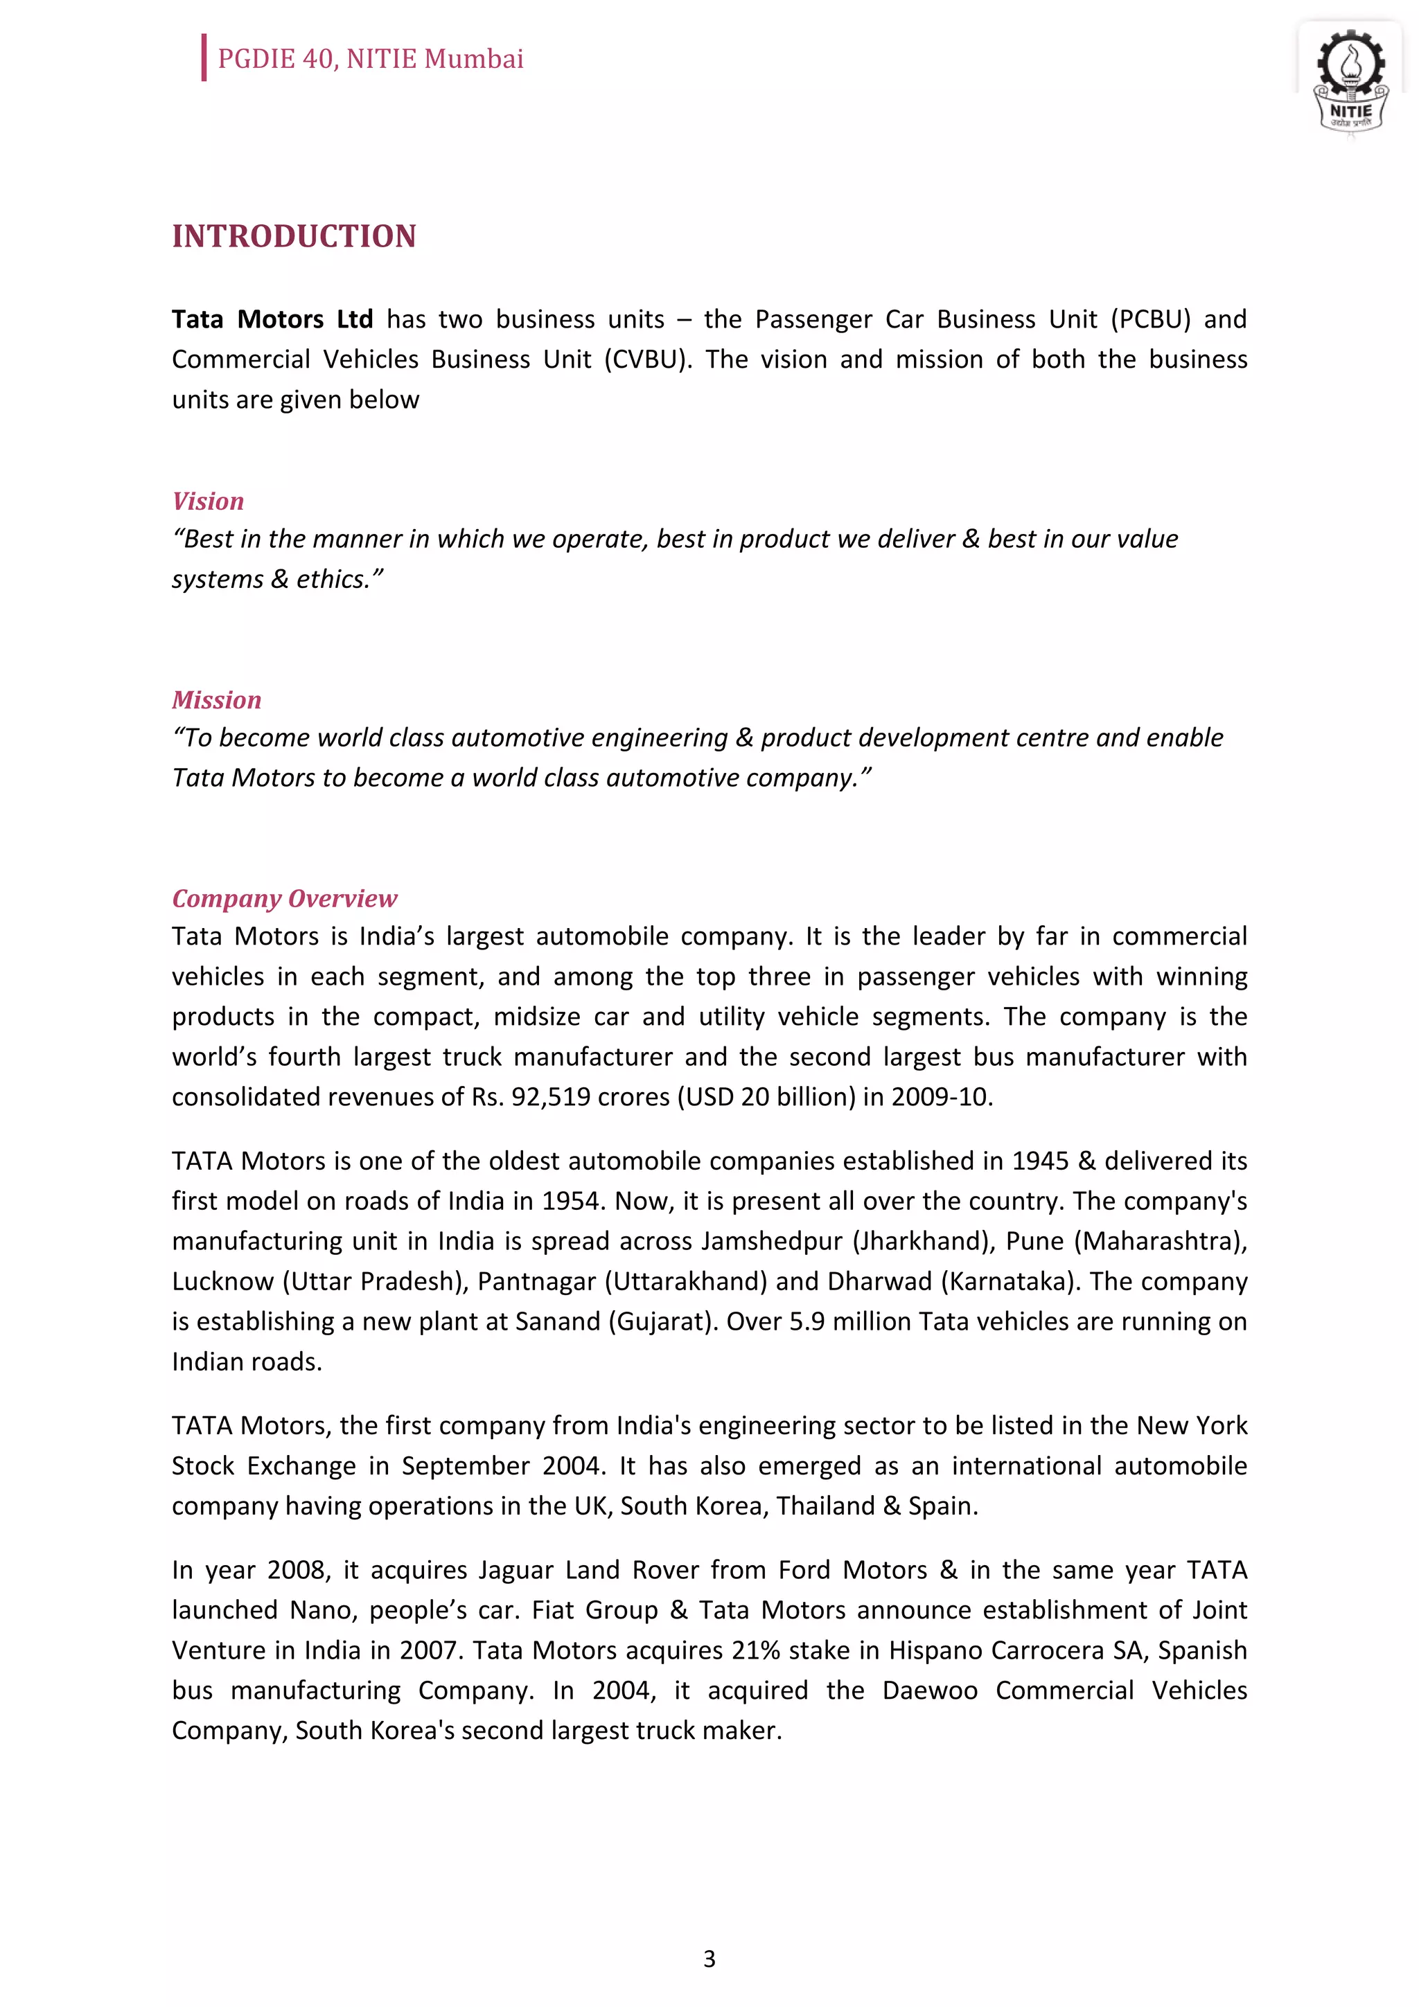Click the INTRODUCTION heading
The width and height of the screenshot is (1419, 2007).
[x=294, y=236]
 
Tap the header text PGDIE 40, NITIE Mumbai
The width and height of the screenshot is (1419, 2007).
[x=370, y=59]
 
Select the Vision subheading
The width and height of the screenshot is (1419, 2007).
[x=207, y=501]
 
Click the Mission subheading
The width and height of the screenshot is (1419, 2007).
[x=216, y=699]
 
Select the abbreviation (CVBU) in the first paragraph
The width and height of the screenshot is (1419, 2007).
[x=647, y=359]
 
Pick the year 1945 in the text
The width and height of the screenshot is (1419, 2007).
[x=1039, y=1160]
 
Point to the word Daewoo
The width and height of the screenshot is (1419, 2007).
[x=929, y=1690]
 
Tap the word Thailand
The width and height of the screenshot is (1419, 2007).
[x=825, y=1506]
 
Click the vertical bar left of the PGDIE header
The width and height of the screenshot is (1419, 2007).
[x=204, y=57]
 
